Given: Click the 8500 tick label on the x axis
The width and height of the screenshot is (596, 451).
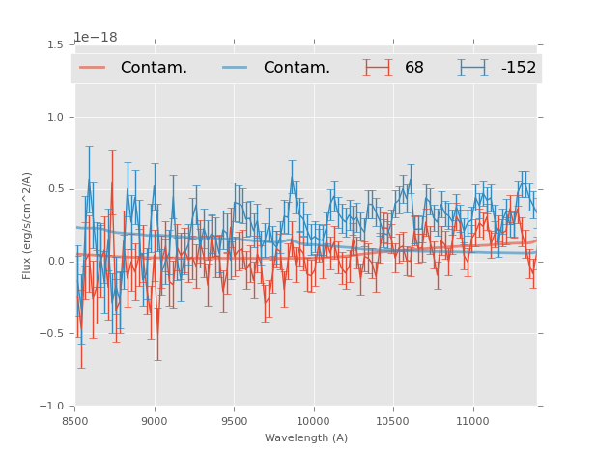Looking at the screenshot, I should [x=75, y=422].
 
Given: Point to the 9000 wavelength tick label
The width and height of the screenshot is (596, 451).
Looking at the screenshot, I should [x=155, y=422].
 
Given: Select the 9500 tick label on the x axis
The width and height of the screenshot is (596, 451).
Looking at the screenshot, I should [x=234, y=422].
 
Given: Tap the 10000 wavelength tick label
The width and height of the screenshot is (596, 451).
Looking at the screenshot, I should [x=314, y=422].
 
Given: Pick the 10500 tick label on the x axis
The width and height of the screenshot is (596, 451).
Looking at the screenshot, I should [x=393, y=422].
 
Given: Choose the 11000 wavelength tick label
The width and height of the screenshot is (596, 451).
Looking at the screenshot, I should [x=472, y=422].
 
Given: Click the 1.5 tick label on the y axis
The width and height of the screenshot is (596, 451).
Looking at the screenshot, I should [x=55, y=44].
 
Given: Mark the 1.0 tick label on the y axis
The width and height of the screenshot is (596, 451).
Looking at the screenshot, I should [x=55, y=117].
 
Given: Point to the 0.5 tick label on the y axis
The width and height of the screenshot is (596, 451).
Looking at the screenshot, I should [x=55, y=189].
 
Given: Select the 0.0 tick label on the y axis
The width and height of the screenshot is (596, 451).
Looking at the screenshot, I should [x=55, y=262].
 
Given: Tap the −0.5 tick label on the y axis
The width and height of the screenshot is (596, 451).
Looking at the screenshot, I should [x=52, y=334].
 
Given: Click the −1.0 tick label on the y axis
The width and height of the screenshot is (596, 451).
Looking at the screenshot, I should [x=52, y=407].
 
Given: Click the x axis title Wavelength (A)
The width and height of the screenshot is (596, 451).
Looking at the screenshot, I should [x=306, y=438].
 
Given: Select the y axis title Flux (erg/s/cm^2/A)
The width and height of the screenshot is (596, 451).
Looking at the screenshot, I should [x=28, y=225].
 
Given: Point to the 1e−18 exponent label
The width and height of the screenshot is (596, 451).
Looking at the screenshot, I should [x=96, y=37].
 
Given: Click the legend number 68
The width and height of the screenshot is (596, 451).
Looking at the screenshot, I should [x=414, y=68].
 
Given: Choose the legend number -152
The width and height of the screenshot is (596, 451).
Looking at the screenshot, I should [x=518, y=68].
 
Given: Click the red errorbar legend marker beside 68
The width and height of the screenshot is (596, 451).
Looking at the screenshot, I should [x=378, y=68].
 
